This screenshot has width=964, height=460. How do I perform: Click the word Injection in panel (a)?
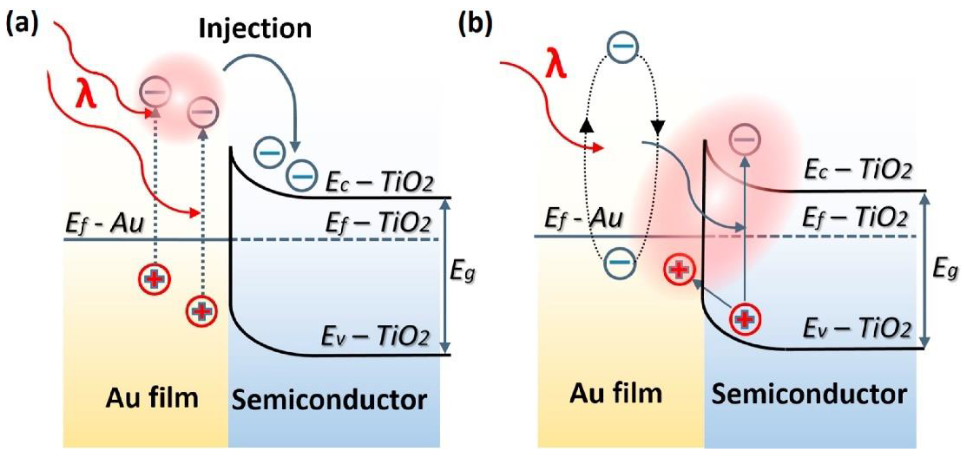(x=255, y=29)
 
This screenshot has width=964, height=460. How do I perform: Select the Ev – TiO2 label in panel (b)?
(x=857, y=328)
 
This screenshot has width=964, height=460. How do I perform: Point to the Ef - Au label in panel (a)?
(x=105, y=224)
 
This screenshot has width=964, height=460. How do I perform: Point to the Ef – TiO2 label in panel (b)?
(x=856, y=218)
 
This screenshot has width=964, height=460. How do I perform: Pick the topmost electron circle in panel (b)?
(x=622, y=47)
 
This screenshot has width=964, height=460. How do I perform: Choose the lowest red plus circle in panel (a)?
(x=202, y=311)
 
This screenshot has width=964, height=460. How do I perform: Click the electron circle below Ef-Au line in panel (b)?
(x=620, y=262)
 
